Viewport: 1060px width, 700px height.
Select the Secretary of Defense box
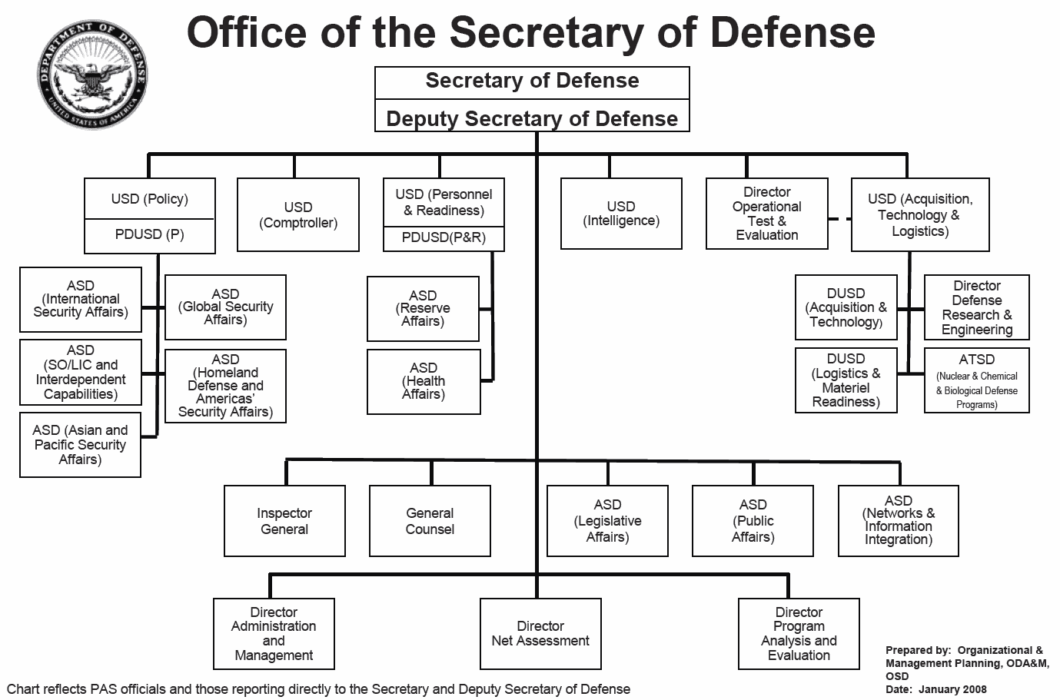[x=532, y=81]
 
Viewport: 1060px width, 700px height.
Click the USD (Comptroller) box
[x=298, y=215]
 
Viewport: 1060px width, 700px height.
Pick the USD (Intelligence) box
[x=621, y=214]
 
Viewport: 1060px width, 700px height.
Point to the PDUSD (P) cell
[x=150, y=235]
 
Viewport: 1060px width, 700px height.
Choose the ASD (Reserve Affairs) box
[x=423, y=308]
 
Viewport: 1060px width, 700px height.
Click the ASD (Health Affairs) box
[x=424, y=381]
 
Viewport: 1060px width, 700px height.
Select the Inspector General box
[x=284, y=521]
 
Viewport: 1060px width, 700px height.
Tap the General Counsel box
[x=430, y=521]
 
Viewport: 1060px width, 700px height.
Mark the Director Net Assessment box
[x=540, y=633]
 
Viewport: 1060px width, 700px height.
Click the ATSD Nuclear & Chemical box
[x=976, y=380]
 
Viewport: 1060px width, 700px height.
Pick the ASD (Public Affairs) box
[x=753, y=520]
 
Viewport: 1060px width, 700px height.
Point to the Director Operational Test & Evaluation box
[x=766, y=214]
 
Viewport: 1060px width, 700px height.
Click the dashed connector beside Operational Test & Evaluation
[x=839, y=219]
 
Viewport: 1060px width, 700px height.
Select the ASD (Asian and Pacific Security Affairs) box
[x=80, y=445]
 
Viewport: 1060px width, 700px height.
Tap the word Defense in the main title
[x=792, y=32]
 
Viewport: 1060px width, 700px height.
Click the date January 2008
[x=952, y=689]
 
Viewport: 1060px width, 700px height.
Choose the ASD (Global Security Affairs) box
[x=225, y=307]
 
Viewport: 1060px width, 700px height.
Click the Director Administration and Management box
[x=274, y=633]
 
